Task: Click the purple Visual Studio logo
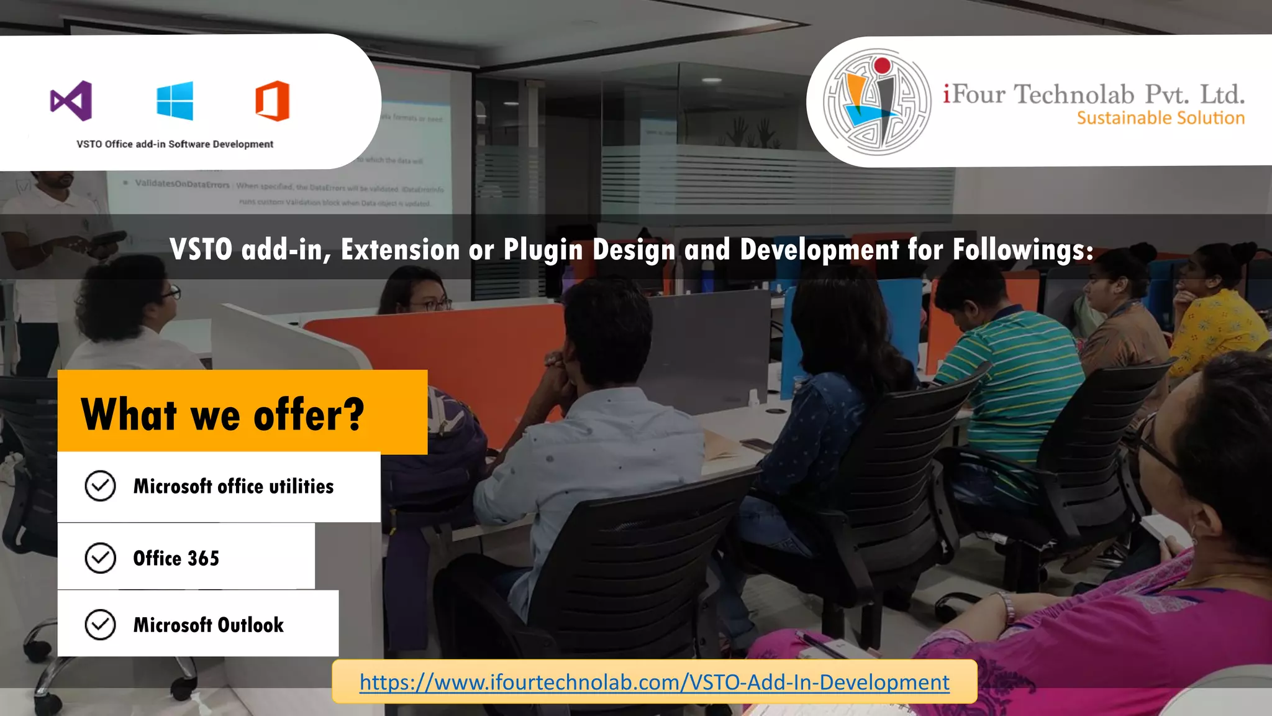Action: tap(71, 101)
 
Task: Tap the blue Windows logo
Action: tap(175, 101)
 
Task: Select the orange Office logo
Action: tap(273, 101)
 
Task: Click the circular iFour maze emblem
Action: tap(876, 102)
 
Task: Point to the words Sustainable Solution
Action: tap(1160, 118)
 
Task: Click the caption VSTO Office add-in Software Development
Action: tap(175, 144)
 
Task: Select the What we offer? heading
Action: tap(222, 415)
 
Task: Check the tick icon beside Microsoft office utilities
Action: tap(100, 486)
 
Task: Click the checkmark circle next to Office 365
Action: tap(100, 558)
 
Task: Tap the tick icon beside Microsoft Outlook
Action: tap(100, 625)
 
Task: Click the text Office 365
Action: tap(176, 558)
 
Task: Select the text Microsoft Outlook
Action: tap(209, 625)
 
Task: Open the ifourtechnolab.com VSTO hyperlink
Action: tap(654, 682)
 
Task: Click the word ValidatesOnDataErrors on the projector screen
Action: tap(182, 184)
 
